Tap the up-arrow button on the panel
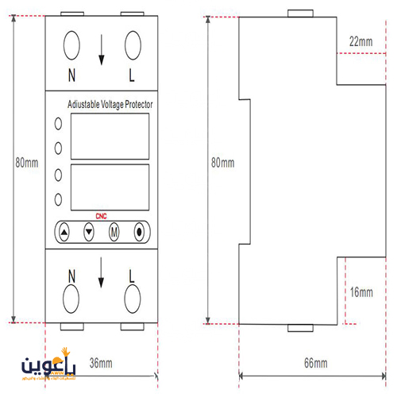click(65, 233)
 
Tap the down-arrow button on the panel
click(89, 233)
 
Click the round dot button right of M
click(139, 233)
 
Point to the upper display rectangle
click(103, 137)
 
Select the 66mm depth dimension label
click(315, 363)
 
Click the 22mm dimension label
click(360, 40)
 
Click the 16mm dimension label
click(360, 292)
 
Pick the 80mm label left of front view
click(26, 163)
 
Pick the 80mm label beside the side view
click(223, 163)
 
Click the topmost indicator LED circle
click(58, 124)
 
